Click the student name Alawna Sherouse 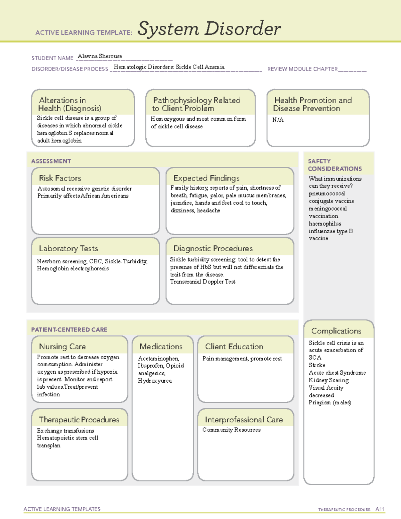(100, 56)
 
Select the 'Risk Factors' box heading (60, 178)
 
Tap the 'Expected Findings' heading (206, 178)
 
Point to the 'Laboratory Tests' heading (68, 248)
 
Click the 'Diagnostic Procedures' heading (213, 248)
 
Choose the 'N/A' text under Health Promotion (278, 120)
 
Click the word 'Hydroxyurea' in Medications (155, 381)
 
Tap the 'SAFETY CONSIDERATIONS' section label (335, 165)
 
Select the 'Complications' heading (336, 331)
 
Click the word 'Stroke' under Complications (317, 365)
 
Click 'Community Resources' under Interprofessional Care (231, 430)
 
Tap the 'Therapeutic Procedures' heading (79, 419)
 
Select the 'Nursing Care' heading (62, 347)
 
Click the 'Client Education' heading (234, 347)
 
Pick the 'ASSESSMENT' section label (51, 161)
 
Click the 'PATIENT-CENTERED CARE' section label (69, 330)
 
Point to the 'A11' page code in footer (380, 509)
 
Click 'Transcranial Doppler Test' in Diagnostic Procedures (203, 282)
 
